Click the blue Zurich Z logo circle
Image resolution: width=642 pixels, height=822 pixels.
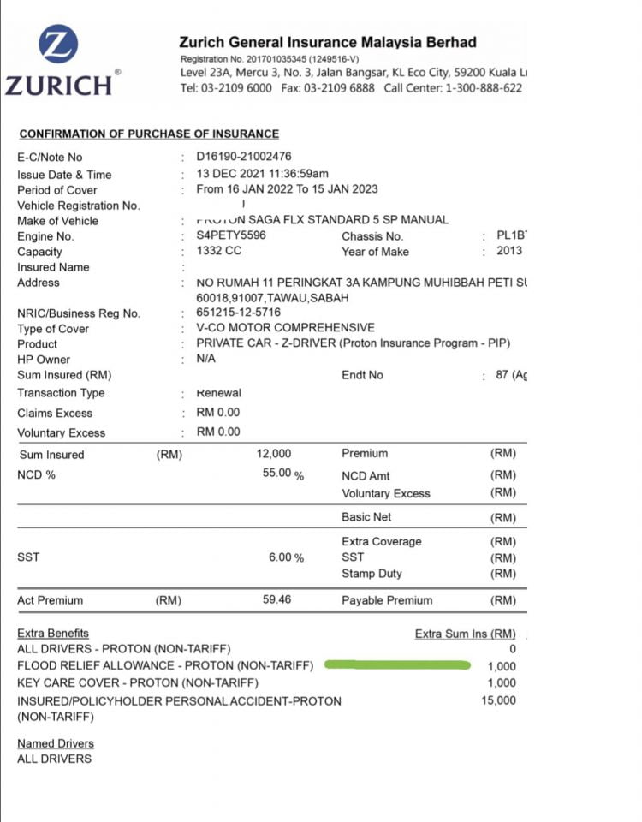[x=58, y=44]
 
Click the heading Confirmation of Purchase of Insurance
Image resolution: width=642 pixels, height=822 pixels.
[x=149, y=134]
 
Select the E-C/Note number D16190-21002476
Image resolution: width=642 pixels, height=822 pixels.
[x=244, y=157]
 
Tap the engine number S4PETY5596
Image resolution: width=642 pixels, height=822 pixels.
[x=231, y=235]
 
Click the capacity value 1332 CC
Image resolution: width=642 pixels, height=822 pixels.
[x=219, y=251]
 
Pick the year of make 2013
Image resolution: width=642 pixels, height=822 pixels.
[x=508, y=251]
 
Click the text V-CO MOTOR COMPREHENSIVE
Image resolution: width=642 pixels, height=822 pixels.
[x=285, y=328]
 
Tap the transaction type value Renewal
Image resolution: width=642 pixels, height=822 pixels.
[x=219, y=393]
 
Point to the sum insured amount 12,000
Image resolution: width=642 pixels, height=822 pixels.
[x=273, y=454]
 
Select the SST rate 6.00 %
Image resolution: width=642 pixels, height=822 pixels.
[x=286, y=557]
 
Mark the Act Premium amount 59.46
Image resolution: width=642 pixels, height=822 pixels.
[x=276, y=599]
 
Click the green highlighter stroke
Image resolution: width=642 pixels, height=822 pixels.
[x=398, y=664]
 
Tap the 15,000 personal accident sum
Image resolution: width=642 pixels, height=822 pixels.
[x=499, y=700]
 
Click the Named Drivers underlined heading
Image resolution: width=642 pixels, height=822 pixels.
[x=56, y=743]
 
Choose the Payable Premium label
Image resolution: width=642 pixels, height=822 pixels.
[x=386, y=600]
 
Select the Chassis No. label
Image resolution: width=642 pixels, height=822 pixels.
[x=372, y=235]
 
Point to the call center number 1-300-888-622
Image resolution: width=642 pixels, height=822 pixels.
[x=484, y=88]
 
